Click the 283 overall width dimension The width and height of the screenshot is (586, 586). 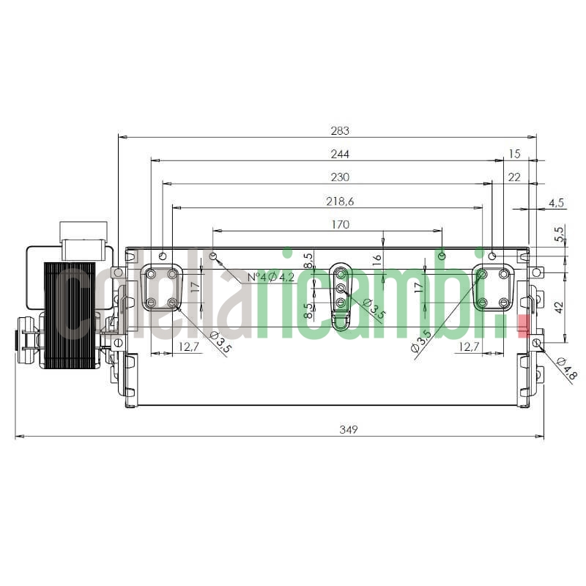coord(339,131)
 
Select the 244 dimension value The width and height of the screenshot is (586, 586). coord(339,154)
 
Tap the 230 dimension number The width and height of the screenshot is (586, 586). coord(339,177)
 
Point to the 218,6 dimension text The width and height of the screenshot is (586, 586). coord(339,201)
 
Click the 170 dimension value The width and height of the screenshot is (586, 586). coord(339,225)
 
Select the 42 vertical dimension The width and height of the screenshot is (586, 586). coord(558,308)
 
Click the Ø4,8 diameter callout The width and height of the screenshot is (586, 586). coord(566,368)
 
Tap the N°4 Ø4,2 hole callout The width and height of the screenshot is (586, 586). coord(270,277)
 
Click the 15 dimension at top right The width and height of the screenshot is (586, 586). coord(514,154)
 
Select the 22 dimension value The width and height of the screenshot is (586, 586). coord(514,177)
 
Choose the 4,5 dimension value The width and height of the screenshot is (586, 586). coord(556,202)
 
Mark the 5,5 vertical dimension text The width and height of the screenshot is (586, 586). coord(560,234)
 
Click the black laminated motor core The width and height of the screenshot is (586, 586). coord(70,316)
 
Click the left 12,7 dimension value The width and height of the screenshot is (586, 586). coord(189,347)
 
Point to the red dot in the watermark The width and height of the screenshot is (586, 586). coord(522,324)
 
